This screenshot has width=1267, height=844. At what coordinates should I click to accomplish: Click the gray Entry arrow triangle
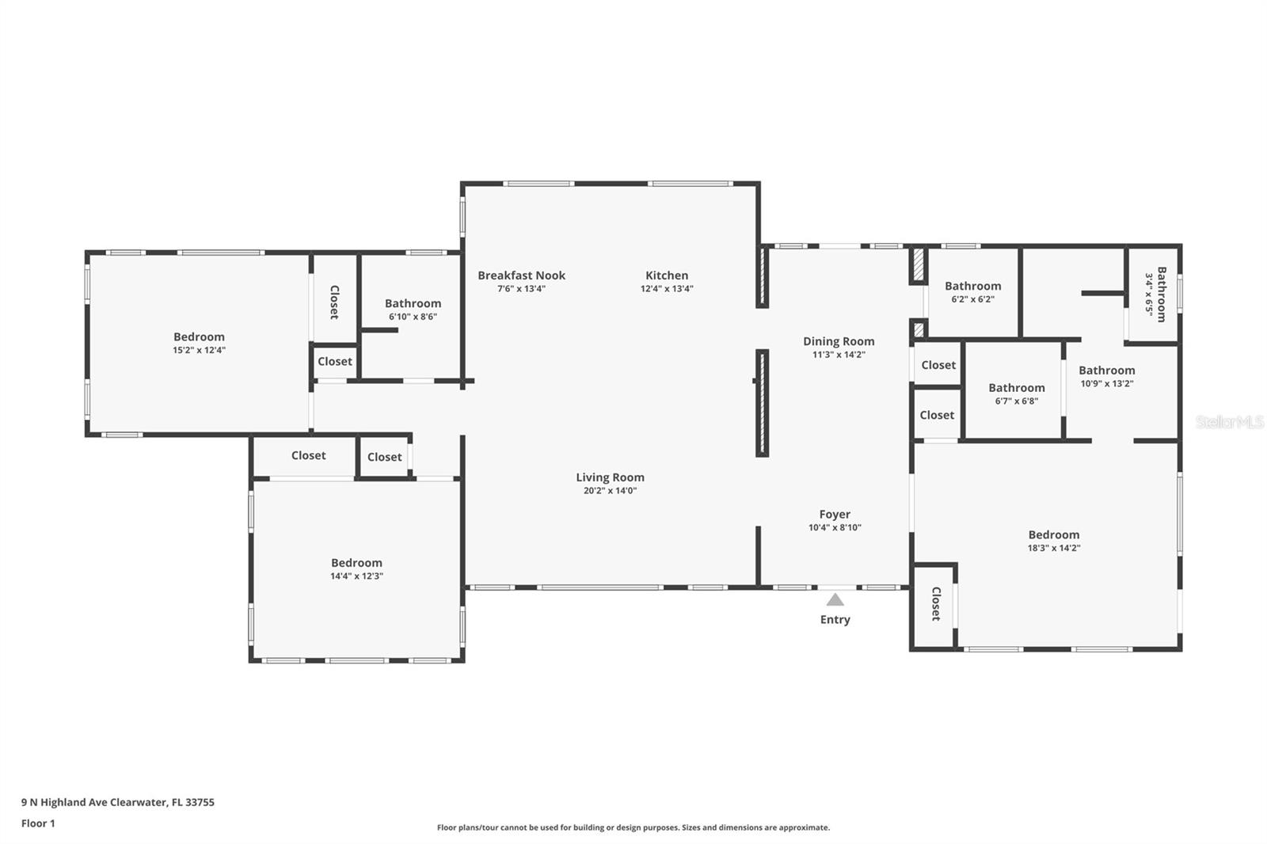coord(835,599)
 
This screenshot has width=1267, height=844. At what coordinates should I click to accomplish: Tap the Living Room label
coord(610,477)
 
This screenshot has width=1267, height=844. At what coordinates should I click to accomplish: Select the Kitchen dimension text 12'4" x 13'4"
coord(667,289)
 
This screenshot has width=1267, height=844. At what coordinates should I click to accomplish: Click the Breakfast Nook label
coord(521,276)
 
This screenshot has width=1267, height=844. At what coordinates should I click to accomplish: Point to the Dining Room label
coord(839,341)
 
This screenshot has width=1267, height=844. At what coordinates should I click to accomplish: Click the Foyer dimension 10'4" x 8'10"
coord(835,527)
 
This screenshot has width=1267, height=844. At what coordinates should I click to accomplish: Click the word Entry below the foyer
coord(835,620)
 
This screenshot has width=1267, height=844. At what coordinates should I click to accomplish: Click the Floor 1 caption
coord(38,823)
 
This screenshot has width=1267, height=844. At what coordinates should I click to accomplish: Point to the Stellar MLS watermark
coord(1229,422)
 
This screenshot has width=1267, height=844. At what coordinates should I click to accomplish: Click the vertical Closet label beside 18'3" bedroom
coord(935,603)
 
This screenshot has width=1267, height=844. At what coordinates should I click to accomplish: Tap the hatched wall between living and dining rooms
coord(762,403)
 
